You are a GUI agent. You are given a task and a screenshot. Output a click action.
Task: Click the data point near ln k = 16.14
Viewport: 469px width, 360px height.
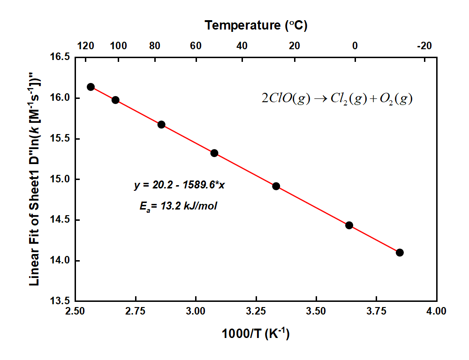point(91,87)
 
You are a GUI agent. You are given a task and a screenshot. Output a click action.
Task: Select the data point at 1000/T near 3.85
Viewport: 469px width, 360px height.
point(400,252)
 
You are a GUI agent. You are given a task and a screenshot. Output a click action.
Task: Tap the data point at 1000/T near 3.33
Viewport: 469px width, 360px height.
point(276,186)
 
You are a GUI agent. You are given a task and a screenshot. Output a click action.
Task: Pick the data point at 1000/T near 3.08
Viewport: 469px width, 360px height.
point(214,153)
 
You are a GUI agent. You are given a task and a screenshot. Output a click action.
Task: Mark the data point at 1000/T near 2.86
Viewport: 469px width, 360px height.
point(161,125)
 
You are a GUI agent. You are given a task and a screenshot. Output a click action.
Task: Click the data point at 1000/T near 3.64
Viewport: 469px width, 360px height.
point(349,225)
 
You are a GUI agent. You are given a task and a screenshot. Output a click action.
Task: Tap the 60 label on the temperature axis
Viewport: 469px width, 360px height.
point(196,46)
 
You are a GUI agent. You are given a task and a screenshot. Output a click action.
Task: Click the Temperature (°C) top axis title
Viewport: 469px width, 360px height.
point(256,25)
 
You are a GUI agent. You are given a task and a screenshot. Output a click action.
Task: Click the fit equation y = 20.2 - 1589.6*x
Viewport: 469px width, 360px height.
point(179,185)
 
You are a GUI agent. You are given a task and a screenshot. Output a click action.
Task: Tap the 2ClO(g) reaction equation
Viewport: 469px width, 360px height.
point(337,99)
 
